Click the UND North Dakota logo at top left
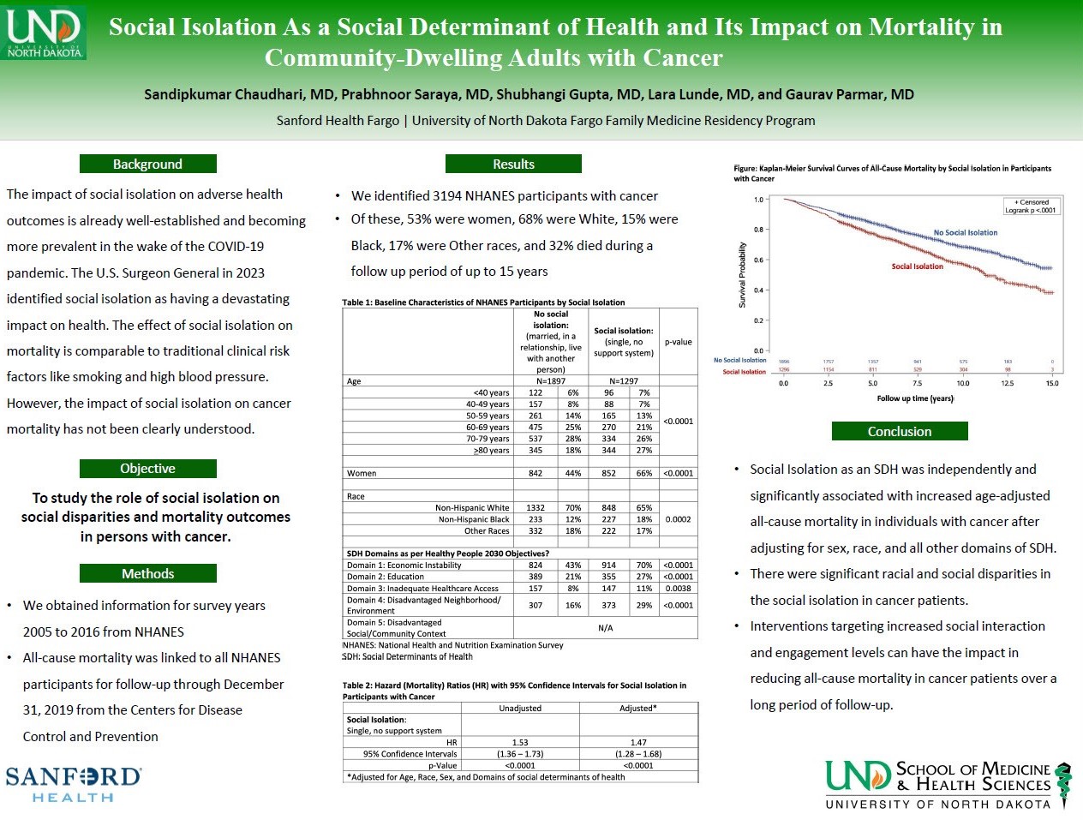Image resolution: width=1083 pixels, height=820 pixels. pyautogui.click(x=45, y=32)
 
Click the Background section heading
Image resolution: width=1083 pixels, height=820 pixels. pyautogui.click(x=147, y=164)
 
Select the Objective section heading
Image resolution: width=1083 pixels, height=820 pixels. pyautogui.click(x=147, y=469)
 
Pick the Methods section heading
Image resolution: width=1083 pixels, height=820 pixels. pyautogui.click(x=147, y=573)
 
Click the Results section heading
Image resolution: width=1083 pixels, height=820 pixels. pyautogui.click(x=513, y=164)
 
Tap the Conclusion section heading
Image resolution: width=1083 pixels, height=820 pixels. pyautogui.click(x=899, y=431)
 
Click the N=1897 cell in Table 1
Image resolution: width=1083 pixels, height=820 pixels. pyautogui.click(x=551, y=381)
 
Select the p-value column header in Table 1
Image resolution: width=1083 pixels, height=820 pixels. pyautogui.click(x=678, y=342)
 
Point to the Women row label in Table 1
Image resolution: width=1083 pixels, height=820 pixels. pyautogui.click(x=362, y=473)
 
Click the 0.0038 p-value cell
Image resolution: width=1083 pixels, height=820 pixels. pyautogui.click(x=678, y=589)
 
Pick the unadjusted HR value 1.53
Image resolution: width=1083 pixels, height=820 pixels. pyautogui.click(x=520, y=743)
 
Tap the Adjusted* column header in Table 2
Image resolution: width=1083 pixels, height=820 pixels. pyautogui.click(x=638, y=709)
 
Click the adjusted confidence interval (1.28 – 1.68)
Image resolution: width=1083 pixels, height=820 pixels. pyautogui.click(x=638, y=754)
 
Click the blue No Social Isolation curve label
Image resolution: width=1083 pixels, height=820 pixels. pyautogui.click(x=966, y=233)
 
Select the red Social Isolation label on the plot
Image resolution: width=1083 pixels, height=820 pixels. pyautogui.click(x=917, y=266)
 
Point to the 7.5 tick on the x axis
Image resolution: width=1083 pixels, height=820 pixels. pyautogui.click(x=918, y=383)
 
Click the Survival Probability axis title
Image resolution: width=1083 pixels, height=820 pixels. pyautogui.click(x=743, y=274)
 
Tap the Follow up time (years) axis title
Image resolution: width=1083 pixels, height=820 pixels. pyautogui.click(x=915, y=398)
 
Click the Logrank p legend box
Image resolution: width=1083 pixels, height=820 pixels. pyautogui.click(x=1032, y=206)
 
